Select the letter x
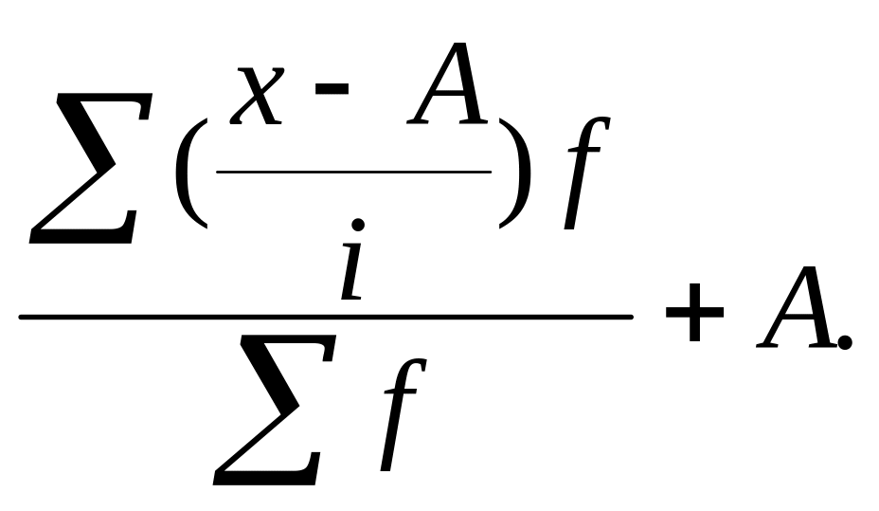point(257,96)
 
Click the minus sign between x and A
point(332,88)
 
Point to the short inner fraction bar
point(353,172)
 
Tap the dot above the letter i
point(357,226)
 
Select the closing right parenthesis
point(514,173)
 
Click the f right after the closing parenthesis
point(585,173)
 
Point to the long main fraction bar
point(326,317)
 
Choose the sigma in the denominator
point(275,410)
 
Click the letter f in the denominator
point(404,414)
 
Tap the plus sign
point(694,312)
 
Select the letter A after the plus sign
point(797,307)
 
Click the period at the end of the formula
point(845,341)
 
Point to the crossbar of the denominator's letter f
point(402,392)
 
